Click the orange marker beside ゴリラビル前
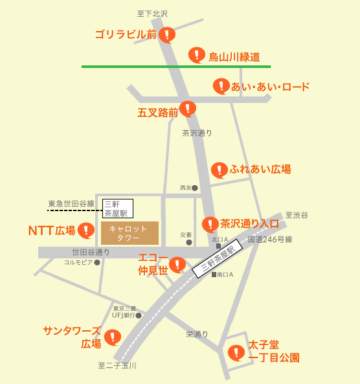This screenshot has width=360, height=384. [x=167, y=34]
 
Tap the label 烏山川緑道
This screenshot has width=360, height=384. [x=234, y=56]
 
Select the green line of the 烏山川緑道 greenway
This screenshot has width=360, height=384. [x=129, y=66]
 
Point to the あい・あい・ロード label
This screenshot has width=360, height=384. [x=270, y=87]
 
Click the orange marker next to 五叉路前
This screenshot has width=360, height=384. [x=188, y=108]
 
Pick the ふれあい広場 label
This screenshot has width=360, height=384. [x=260, y=170]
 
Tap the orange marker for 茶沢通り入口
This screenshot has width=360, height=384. [x=210, y=224]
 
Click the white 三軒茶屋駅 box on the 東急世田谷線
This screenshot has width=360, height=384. [x=117, y=208]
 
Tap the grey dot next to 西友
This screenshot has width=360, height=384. [x=195, y=188]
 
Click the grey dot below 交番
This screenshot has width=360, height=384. [x=189, y=242]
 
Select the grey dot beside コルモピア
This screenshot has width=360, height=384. [x=97, y=263]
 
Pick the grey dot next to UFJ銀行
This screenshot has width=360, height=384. [x=139, y=315]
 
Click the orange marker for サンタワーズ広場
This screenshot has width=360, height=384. [x=113, y=337]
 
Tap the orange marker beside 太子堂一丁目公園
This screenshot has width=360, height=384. [x=236, y=354]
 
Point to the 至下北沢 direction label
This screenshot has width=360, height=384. [x=152, y=13]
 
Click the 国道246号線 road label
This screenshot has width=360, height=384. [x=270, y=240]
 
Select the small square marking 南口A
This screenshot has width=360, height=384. [x=214, y=275]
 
